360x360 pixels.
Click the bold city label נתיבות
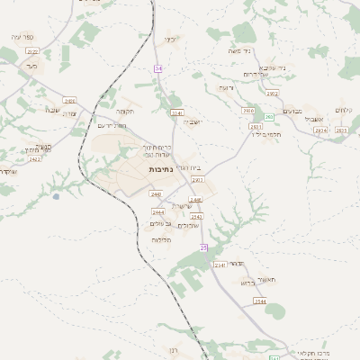point(162,168)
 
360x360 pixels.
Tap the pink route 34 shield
point(158,68)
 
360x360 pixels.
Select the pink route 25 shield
point(204,247)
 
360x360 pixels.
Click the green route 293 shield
point(269,117)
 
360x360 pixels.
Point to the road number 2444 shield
point(157,211)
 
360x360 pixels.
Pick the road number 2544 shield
point(259,301)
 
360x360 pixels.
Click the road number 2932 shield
point(273,94)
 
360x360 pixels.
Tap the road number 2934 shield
point(321,130)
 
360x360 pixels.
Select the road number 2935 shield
point(341,130)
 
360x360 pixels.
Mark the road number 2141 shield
point(177,112)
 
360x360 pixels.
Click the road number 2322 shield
point(33,51)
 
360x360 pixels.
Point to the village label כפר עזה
point(22,36)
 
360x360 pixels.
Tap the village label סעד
point(31,66)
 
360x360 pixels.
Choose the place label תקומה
point(124,111)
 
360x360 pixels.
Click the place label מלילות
point(161,240)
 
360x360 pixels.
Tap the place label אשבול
point(312,119)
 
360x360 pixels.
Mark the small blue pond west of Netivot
point(56,194)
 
